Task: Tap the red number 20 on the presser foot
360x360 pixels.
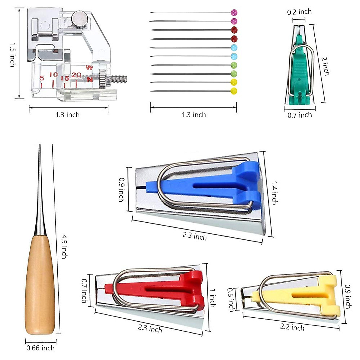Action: pos(76,75)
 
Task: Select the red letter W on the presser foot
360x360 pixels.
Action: pos(89,68)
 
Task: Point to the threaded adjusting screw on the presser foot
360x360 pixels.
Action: pos(118,79)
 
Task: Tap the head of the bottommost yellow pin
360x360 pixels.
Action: pos(234,91)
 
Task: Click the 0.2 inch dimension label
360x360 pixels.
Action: pos(299,12)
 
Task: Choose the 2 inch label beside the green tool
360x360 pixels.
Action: pos(325,66)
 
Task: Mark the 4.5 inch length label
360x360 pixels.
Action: pos(64,246)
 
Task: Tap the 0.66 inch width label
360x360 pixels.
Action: pos(40,348)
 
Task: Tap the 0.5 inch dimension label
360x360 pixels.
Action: pos(231,299)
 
